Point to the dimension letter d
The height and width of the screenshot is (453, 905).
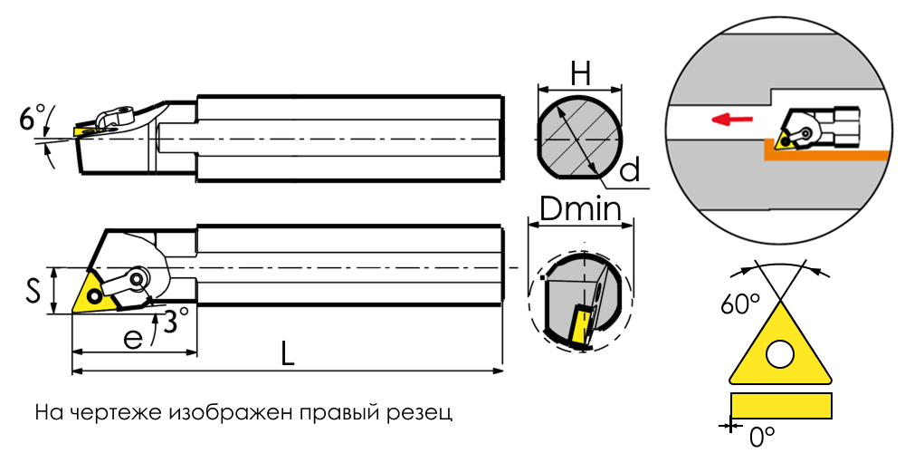(631, 170)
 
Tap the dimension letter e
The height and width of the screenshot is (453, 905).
(133, 338)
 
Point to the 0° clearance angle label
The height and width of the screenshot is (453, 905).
(761, 437)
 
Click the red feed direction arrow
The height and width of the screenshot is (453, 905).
(732, 119)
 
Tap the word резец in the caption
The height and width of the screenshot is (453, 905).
(423, 414)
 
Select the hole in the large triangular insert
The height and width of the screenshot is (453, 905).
(780, 353)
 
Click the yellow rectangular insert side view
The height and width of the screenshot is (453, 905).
(781, 405)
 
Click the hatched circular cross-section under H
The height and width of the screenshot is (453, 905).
(579, 140)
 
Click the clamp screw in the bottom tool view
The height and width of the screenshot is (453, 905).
(138, 278)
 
